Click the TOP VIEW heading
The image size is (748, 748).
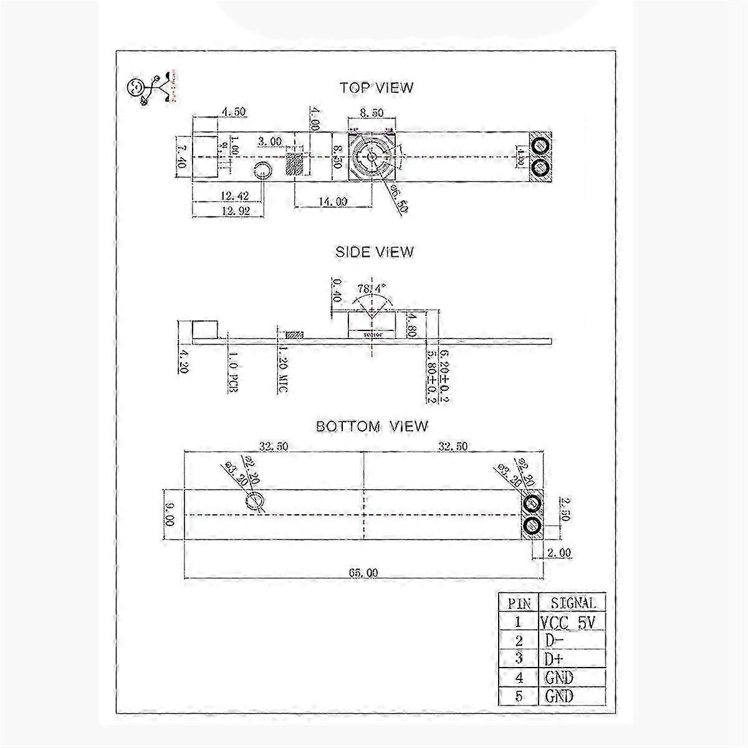click(376, 88)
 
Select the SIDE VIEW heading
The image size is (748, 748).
click(374, 252)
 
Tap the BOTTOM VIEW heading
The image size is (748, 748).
click(372, 426)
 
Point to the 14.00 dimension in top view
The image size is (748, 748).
click(332, 201)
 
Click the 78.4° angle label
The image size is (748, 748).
click(372, 289)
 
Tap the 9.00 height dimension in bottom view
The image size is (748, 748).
click(168, 514)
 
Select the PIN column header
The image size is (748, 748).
click(519, 603)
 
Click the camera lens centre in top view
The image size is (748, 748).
click(371, 156)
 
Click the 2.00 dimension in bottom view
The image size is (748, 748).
click(559, 552)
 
